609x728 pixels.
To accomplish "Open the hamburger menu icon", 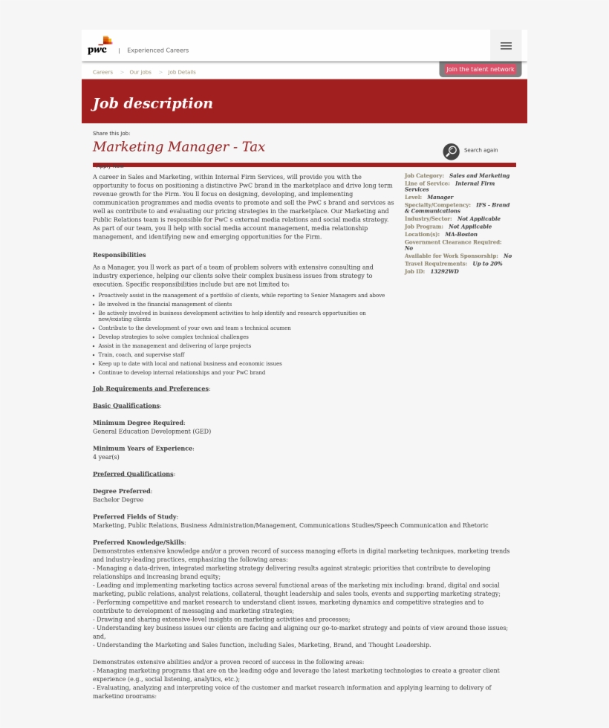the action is (x=506, y=46).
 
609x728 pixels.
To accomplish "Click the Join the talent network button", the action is (x=480, y=69).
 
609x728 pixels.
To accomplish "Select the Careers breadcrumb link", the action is (x=102, y=72).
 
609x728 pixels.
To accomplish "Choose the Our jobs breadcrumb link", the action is (x=140, y=72).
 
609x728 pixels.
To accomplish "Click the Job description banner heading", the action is (x=152, y=103).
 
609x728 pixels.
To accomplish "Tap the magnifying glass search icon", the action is (x=451, y=152).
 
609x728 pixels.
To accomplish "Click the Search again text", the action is (x=481, y=150).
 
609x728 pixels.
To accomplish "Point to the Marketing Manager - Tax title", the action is (x=178, y=147).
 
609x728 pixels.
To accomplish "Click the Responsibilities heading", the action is (x=119, y=255).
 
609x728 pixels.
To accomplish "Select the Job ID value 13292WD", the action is (x=444, y=272).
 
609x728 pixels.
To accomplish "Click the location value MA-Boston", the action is (x=461, y=234).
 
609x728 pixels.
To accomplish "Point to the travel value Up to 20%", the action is (x=487, y=264).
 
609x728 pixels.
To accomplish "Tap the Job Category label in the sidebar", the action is (x=424, y=176).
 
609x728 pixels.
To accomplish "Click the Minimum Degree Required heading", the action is (x=138, y=423).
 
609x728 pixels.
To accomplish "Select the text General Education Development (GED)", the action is (x=152, y=431).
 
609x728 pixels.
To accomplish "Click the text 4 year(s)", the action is (x=105, y=457).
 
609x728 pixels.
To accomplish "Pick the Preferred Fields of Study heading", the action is (x=134, y=516).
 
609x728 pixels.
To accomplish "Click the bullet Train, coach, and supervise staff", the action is (x=141, y=354).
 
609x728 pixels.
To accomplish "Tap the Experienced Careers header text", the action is (x=157, y=51).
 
